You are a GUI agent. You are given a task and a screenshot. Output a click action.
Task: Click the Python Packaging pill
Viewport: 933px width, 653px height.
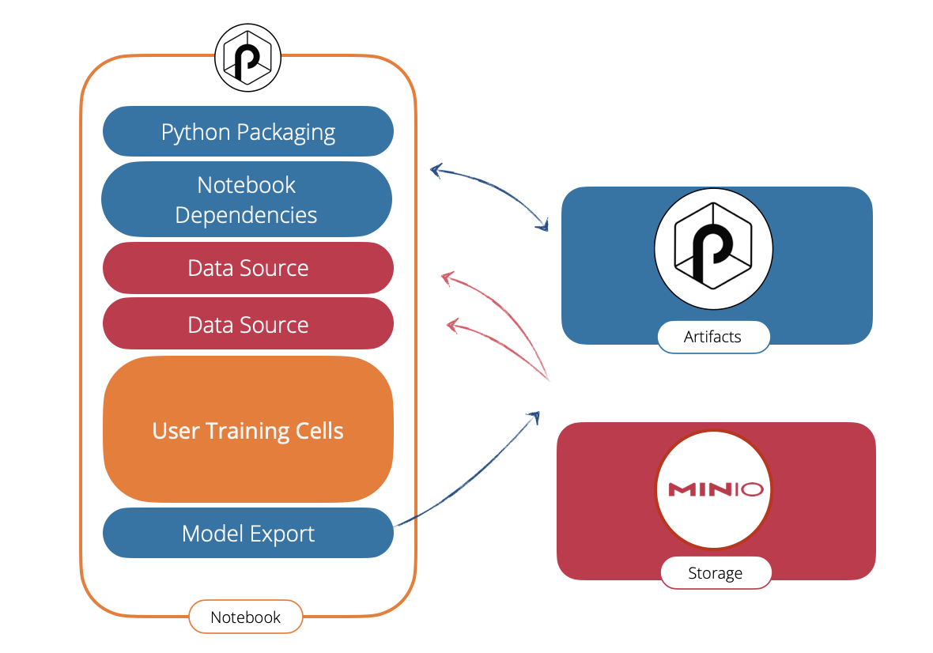click(x=248, y=131)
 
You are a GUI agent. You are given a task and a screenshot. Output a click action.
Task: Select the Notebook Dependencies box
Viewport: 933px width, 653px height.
click(x=247, y=199)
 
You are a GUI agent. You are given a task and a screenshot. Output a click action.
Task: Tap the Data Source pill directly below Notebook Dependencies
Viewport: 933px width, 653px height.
click(x=248, y=268)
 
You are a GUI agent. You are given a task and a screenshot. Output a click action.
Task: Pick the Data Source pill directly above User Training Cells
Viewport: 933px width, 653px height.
click(x=248, y=324)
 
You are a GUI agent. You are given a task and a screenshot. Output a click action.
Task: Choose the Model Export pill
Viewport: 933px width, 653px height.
click(x=248, y=533)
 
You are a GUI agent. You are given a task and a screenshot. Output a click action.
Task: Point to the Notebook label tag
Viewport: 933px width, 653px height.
click(x=246, y=617)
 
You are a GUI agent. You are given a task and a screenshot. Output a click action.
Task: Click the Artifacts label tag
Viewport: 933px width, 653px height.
click(x=713, y=337)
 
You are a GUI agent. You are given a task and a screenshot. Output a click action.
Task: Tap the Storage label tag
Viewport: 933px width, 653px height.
click(x=716, y=572)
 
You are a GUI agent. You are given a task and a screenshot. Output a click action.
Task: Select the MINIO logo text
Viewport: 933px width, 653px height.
click(x=716, y=489)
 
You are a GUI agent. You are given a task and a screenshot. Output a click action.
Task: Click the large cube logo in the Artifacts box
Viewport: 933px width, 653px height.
click(x=713, y=248)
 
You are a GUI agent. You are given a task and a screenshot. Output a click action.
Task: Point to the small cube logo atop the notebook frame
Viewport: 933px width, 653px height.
click(x=247, y=58)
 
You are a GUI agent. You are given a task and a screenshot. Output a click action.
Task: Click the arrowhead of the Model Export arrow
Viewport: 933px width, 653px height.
click(x=534, y=417)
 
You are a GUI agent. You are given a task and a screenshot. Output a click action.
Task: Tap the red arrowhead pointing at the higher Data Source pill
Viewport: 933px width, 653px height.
click(x=448, y=277)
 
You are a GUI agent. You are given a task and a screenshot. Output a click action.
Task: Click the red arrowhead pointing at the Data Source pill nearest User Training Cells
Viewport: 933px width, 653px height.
click(x=453, y=325)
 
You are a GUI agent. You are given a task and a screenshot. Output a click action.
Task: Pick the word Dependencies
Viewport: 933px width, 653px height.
click(x=246, y=215)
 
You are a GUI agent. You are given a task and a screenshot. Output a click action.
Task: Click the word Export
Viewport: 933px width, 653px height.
click(x=281, y=534)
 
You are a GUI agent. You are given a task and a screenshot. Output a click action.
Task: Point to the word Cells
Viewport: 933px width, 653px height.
click(x=319, y=431)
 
